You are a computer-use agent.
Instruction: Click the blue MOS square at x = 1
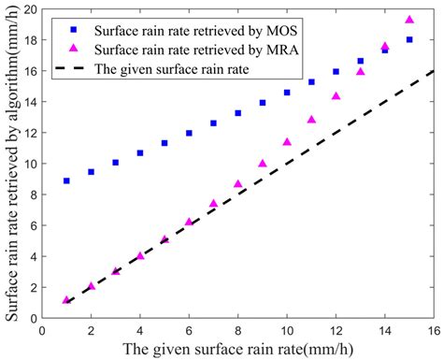66,180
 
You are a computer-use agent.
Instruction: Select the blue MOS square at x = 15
409,39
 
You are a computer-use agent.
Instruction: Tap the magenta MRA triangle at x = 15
409,20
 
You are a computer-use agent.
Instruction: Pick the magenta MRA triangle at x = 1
66,300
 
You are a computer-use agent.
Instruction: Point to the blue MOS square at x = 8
238,113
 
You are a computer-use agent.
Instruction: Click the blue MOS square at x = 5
164,143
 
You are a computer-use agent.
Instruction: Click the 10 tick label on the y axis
29,163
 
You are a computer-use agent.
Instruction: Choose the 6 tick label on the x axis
189,330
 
